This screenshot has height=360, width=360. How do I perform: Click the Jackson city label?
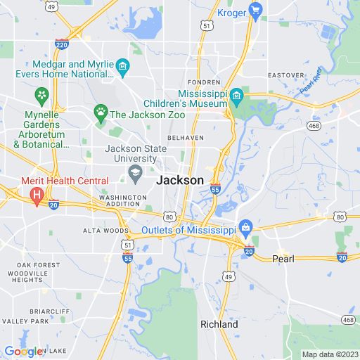click(180, 180)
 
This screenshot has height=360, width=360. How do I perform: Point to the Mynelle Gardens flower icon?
click(42, 94)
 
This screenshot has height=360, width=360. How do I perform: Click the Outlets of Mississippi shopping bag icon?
click(245, 226)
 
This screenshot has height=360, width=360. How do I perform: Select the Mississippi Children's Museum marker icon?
click(236, 95)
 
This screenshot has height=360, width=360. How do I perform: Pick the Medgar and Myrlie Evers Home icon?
click(123, 67)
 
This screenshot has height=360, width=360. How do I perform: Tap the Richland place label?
click(219, 324)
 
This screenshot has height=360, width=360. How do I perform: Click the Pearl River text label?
click(310, 82)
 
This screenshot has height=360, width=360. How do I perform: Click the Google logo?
click(22, 352)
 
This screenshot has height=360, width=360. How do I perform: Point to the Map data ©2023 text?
click(329, 354)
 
